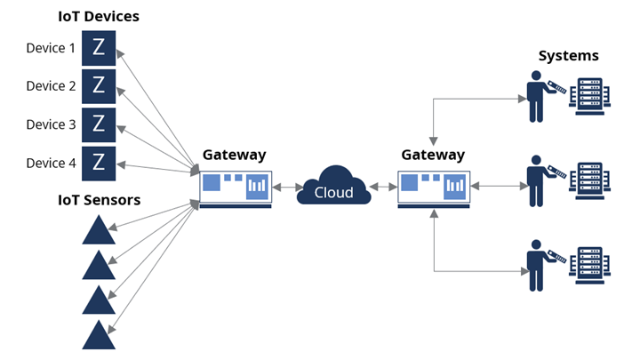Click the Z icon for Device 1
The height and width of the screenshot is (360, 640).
point(99,48)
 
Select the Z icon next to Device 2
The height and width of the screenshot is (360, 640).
point(99,86)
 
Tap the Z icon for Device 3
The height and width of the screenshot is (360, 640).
point(99,124)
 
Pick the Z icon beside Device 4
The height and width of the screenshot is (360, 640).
point(99,163)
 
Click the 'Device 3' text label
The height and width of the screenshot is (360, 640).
point(51,124)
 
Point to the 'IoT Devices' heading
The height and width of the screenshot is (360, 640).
point(99,16)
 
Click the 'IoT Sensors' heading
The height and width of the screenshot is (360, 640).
point(99,200)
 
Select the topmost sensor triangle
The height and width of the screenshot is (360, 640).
point(99,232)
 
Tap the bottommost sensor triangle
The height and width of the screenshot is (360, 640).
point(99,335)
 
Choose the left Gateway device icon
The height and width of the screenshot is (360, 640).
point(235,188)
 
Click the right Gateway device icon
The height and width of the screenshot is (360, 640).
point(433,188)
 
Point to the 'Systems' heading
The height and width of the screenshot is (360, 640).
point(569,56)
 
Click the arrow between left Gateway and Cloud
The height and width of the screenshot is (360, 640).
point(284,188)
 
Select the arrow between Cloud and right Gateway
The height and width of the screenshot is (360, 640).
point(383,188)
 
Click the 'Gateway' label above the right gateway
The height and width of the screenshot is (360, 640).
point(433,155)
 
